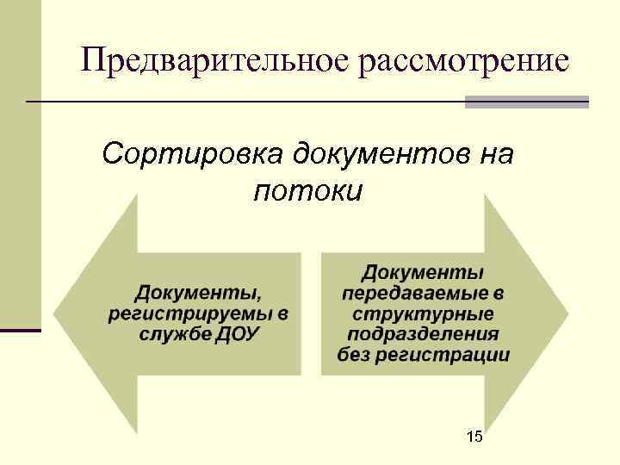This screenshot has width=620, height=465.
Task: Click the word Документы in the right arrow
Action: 423,273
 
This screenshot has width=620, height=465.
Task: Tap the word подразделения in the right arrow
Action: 423,334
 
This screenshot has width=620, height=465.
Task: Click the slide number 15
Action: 474,437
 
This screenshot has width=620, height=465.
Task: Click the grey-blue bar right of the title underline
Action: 526,102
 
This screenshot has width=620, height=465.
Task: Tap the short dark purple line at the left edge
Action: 20,330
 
